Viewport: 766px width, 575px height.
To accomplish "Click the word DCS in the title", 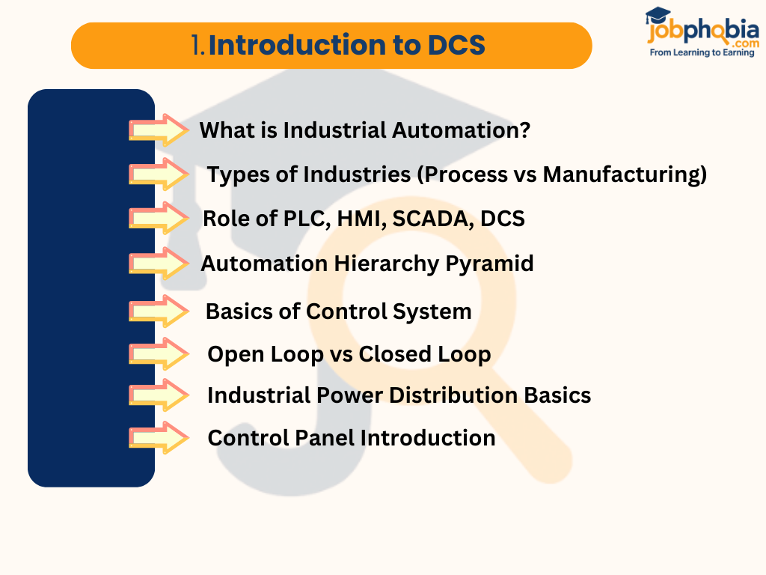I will pyautogui.click(x=456, y=46).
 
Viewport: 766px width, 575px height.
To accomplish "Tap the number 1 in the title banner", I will pyautogui.click(x=197, y=46).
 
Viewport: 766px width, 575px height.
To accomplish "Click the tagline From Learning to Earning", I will pyautogui.click(x=702, y=53).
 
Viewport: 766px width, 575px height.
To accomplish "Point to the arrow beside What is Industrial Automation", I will pyautogui.click(x=159, y=130).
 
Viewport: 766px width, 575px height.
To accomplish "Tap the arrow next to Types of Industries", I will pyautogui.click(x=159, y=174).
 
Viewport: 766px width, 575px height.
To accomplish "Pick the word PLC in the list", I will pyautogui.click(x=289, y=219).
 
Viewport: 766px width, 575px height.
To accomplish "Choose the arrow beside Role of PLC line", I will pyautogui.click(x=159, y=219).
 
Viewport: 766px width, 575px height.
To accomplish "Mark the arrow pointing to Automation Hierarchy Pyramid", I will pyautogui.click(x=159, y=264).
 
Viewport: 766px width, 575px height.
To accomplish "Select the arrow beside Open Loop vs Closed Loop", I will pyautogui.click(x=159, y=354).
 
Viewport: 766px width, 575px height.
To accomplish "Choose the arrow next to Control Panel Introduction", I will pyautogui.click(x=159, y=438).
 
